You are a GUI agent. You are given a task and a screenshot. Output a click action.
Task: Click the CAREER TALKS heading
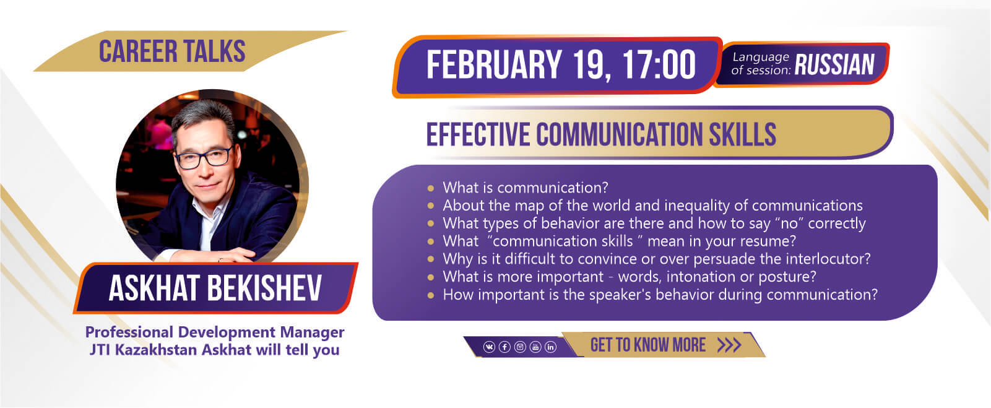[x=172, y=51]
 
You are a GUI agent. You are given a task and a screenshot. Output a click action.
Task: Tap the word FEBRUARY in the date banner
[x=494, y=64]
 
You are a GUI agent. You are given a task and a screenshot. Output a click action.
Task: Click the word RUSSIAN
[x=834, y=64]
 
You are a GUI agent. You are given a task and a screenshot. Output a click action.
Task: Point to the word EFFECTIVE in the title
[x=478, y=134]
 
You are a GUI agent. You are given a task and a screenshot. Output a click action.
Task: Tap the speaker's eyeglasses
[x=204, y=158]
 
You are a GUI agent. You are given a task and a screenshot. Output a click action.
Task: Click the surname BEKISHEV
[x=264, y=288]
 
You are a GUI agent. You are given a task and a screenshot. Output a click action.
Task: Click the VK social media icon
[x=489, y=347]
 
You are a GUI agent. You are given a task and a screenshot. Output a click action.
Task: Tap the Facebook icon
[x=504, y=347]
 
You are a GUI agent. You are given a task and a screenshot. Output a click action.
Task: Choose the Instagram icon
[x=520, y=347]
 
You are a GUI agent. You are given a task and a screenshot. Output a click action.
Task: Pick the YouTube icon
[x=535, y=347]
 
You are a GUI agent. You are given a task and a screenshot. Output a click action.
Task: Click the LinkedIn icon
[x=550, y=347]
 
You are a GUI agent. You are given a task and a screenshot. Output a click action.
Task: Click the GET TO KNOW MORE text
[x=647, y=345]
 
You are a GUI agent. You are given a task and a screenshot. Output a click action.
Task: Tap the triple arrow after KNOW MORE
[x=729, y=345]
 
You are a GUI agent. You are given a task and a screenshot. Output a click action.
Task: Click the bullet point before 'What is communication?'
[x=430, y=188]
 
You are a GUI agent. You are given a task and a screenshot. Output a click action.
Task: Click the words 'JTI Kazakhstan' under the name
[x=144, y=350]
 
